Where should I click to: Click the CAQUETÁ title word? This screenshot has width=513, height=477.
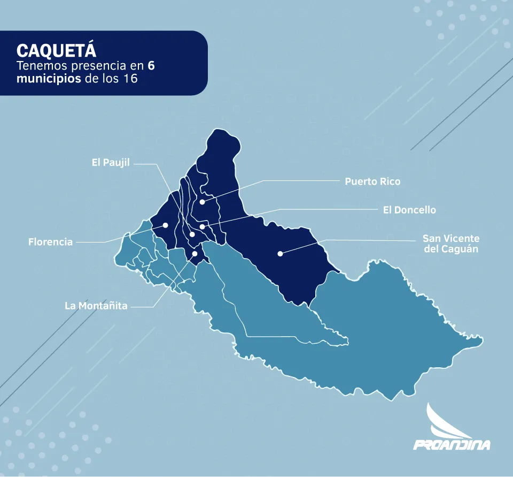click(57, 50)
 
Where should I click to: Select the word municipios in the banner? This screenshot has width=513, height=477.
click(45, 79)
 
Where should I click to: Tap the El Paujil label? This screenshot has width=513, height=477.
click(111, 163)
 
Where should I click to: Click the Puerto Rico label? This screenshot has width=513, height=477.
click(372, 181)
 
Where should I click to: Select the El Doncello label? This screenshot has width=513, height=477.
click(409, 210)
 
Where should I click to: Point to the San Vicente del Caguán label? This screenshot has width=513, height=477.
click(450, 244)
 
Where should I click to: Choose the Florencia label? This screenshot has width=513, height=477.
click(50, 242)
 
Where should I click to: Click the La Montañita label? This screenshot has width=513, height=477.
click(96, 306)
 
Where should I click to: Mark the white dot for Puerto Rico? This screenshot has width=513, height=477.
click(202, 202)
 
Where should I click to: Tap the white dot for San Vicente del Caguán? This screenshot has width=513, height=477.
click(279, 253)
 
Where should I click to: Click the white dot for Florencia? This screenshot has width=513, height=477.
click(166, 225)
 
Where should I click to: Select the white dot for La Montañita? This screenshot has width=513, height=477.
click(195, 254)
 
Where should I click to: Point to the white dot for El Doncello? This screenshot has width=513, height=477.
click(202, 226)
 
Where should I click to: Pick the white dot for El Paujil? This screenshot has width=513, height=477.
click(192, 234)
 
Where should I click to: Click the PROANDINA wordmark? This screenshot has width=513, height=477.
click(452, 444)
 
